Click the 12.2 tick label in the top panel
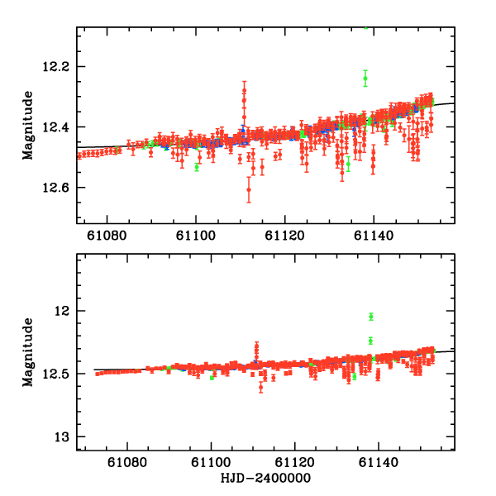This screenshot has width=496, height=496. point(60,66)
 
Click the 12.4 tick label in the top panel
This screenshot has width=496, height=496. point(60,126)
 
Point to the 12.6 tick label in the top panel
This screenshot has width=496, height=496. point(60,188)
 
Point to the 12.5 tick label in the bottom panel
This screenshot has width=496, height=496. point(60,374)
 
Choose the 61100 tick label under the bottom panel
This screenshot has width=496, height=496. point(211,463)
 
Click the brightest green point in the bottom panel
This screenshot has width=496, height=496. point(371,316)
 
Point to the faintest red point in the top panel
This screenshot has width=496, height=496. point(249,190)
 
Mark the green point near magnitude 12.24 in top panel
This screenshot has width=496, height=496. point(365,79)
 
